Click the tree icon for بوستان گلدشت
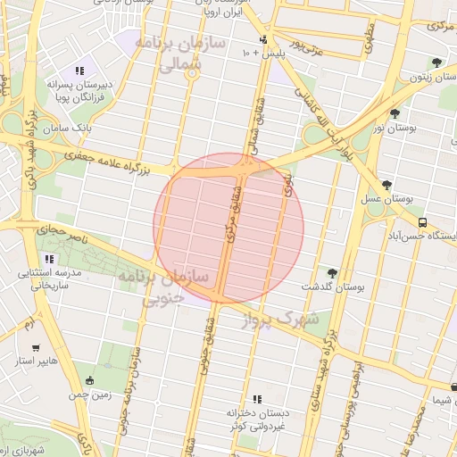[333, 273]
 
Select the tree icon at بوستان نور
[395, 113]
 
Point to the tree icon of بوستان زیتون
[436, 62]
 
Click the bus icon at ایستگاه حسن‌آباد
[422, 223]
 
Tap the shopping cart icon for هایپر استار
[36, 348]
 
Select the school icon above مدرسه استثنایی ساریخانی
[49, 259]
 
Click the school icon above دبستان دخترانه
[258, 399]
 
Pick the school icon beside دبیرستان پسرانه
[79, 71]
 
